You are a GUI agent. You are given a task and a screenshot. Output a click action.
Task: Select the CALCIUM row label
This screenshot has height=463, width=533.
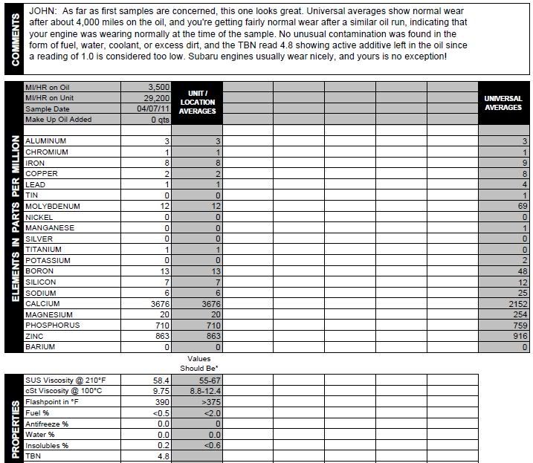42,304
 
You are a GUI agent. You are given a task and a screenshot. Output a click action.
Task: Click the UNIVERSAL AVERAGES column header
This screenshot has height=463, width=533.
503,103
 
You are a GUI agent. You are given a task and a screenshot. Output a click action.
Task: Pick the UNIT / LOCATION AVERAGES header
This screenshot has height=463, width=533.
197,103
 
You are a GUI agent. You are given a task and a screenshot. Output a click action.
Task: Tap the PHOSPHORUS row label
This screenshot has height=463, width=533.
51,326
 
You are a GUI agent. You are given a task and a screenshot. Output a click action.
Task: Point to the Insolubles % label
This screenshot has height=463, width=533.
47,446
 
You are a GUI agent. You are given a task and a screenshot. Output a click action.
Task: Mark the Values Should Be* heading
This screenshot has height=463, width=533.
197,363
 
